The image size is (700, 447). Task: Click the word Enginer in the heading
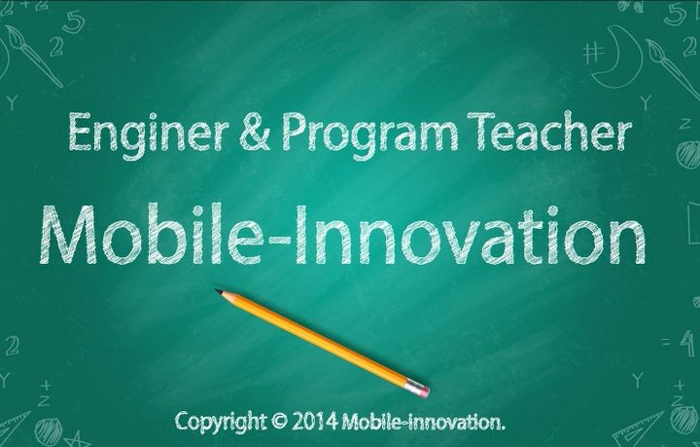click(148, 134)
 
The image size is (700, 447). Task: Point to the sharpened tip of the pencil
click(217, 290)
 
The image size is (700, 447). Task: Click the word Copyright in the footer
click(221, 422)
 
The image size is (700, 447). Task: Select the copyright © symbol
click(279, 421)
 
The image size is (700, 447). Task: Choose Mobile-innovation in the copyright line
click(422, 422)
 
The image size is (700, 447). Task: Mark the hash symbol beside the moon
click(593, 54)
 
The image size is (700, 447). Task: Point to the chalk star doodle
click(77, 439)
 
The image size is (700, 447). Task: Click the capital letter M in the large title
click(68, 235)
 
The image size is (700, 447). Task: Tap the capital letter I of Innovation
click(302, 235)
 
